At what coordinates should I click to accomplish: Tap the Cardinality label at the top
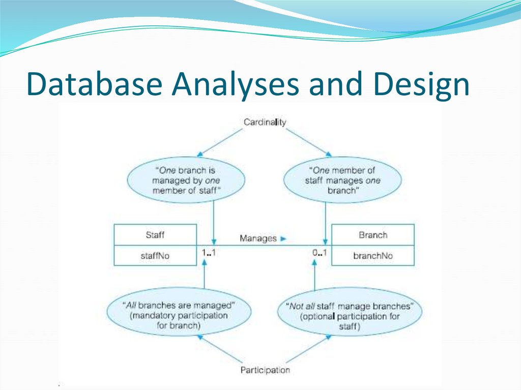265,122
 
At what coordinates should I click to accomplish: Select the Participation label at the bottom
265,370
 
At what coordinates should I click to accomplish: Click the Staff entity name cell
155,235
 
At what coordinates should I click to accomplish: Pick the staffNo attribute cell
155,256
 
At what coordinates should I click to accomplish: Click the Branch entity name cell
372,235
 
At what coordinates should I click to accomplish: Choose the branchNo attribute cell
372,256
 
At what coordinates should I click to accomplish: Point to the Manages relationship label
258,238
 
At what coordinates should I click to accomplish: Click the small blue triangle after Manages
284,238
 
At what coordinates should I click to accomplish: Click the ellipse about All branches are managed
179,316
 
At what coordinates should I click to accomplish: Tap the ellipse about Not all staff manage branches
349,316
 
